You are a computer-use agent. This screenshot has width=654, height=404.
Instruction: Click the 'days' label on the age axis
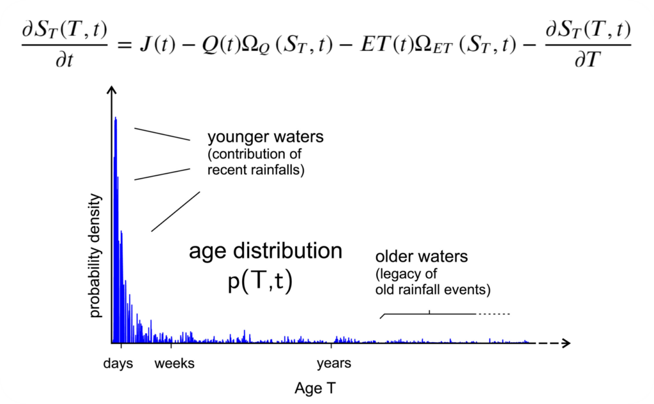[x=118, y=364]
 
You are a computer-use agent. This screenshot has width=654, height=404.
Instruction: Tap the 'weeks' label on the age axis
[x=175, y=364]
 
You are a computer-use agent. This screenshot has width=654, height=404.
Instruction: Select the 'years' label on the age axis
[x=333, y=364]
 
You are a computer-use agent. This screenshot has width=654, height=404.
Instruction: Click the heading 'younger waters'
[x=265, y=137]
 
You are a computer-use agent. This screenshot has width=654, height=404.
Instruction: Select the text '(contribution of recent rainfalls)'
[x=255, y=162]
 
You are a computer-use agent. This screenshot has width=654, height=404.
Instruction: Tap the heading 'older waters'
[x=422, y=257]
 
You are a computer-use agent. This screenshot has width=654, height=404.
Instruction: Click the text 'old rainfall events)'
[x=432, y=290]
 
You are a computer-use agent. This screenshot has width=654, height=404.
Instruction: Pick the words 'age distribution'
[x=265, y=251]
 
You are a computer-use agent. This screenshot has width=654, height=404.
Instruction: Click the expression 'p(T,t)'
[x=260, y=281]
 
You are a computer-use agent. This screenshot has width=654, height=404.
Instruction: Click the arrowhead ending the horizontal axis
[x=565, y=343]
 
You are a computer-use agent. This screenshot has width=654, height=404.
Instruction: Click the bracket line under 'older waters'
[x=429, y=314]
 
